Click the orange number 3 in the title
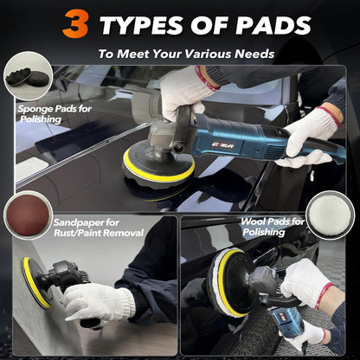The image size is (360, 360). (76, 23)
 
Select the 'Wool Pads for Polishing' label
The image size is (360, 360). (275, 226)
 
